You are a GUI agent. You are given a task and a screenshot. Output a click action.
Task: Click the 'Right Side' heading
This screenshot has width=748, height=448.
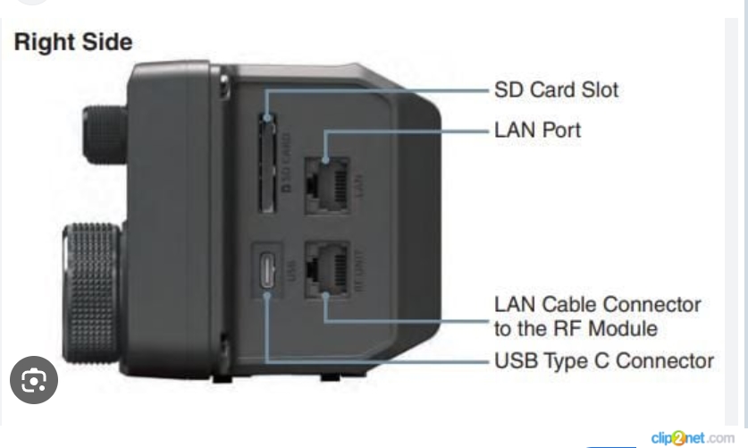pyautogui.click(x=72, y=42)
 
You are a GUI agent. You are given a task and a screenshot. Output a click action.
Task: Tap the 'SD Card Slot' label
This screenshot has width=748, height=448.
pyautogui.click(x=556, y=89)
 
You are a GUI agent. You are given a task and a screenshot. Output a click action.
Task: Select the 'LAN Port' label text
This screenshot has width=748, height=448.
pyautogui.click(x=537, y=131)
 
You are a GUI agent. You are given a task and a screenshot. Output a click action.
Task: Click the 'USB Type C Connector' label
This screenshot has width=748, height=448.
pyautogui.click(x=603, y=362)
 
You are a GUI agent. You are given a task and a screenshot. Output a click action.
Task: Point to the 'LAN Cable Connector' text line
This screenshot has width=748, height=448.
pyautogui.click(x=597, y=305)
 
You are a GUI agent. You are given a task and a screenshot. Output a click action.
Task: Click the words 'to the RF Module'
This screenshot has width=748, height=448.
pyautogui.click(x=576, y=328)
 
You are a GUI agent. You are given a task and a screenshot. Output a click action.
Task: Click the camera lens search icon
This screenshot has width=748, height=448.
pyautogui.click(x=33, y=383)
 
